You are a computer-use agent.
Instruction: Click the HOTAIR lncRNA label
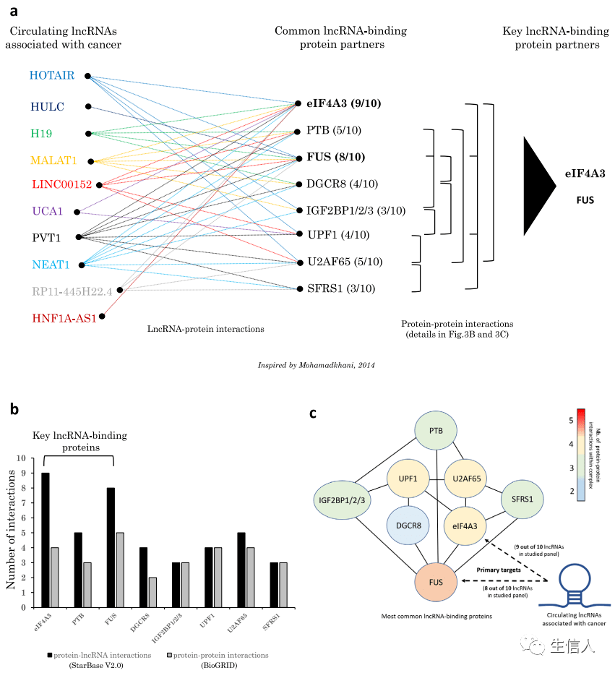tap(52, 75)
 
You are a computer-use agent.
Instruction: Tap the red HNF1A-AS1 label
tap(64, 318)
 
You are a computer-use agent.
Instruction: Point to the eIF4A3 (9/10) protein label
tap(343, 103)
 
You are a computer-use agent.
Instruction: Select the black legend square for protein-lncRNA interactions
tap(50, 655)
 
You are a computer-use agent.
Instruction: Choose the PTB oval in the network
tap(436, 431)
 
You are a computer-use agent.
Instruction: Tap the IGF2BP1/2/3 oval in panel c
tap(341, 499)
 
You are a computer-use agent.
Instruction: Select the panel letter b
tap(14, 409)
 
